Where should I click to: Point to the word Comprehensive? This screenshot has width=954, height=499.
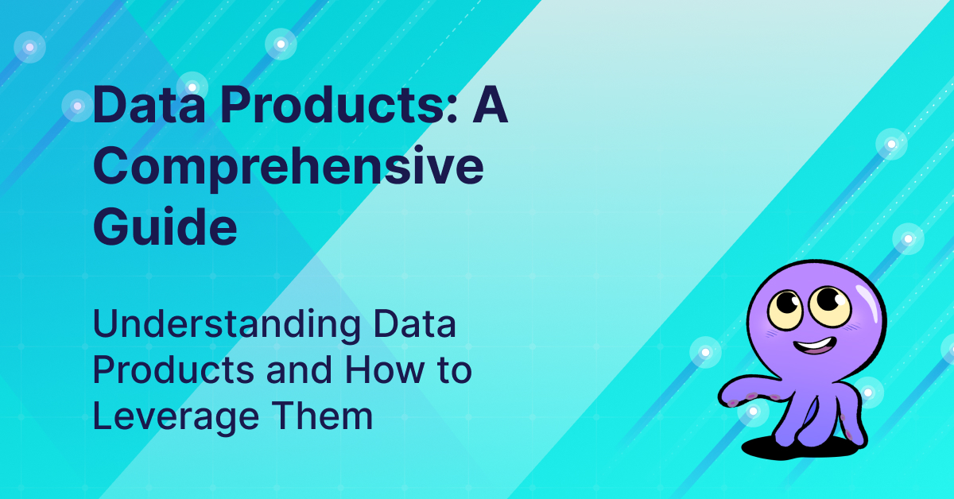[x=288, y=168]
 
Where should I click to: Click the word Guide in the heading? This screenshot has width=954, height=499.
[x=165, y=227]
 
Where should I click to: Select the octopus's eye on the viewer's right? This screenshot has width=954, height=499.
[x=831, y=301]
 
